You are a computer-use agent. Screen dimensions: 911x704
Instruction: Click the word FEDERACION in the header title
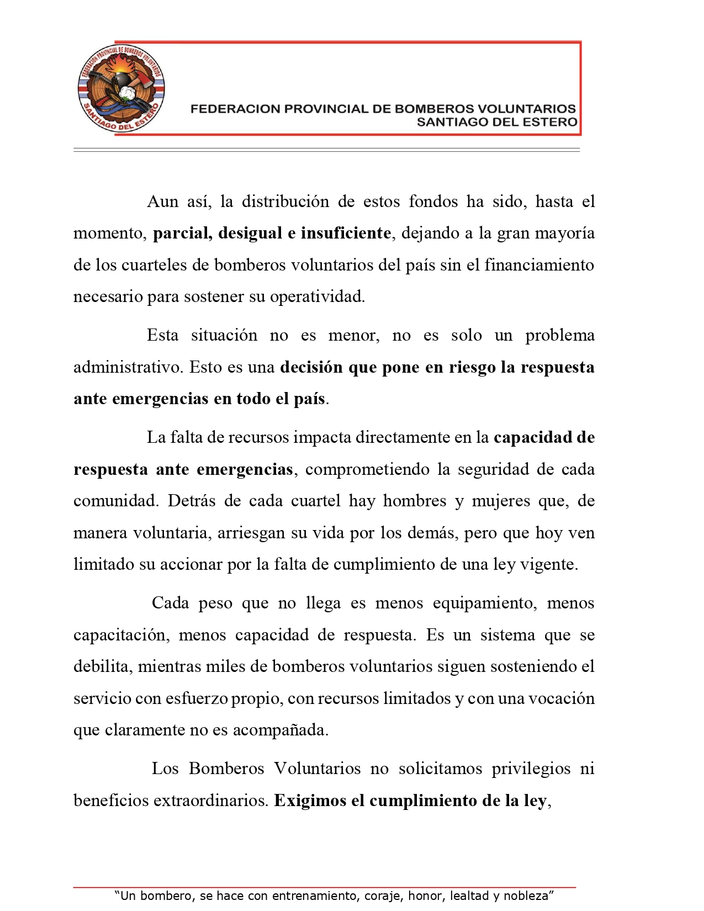click(235, 109)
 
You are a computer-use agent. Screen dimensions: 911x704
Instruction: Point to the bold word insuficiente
click(346, 233)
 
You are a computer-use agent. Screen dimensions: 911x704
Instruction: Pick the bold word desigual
click(250, 233)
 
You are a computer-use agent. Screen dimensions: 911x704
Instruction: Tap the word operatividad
click(317, 297)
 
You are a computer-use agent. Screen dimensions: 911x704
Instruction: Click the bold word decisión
click(311, 367)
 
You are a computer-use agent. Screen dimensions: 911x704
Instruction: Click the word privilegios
click(531, 769)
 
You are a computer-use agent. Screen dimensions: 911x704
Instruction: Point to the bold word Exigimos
click(310, 801)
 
